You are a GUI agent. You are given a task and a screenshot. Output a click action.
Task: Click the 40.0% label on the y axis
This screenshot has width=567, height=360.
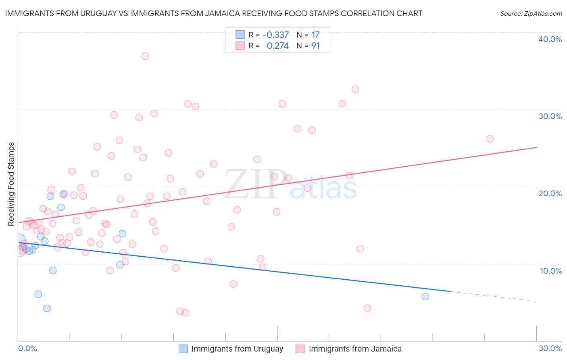coord(550,39)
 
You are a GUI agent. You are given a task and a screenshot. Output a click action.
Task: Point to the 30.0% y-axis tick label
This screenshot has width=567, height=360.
coord(550,116)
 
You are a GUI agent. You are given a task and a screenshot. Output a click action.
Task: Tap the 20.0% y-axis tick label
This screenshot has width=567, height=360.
coord(550,193)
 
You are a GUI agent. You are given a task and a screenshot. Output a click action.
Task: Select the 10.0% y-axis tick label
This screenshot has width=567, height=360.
coord(551,271)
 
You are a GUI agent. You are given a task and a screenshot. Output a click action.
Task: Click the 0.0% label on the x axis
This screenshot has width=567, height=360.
coord(27,348)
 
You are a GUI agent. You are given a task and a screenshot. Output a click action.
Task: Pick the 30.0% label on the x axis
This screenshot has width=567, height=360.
coord(550,348)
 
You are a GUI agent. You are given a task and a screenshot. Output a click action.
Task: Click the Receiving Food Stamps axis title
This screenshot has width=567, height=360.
coord(11,184)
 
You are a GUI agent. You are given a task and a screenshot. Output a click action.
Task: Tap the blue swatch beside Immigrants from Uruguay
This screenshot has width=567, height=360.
coord(183,349)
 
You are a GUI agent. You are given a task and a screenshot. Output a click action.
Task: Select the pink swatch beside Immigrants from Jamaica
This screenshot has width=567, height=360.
coord(300,349)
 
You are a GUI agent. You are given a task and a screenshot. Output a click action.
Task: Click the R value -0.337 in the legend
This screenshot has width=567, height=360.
coord(275,35)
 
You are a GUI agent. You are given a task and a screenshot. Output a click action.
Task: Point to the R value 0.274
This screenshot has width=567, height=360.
coord(277,46)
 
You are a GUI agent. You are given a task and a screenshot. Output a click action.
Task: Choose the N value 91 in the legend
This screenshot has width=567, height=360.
coord(315,46)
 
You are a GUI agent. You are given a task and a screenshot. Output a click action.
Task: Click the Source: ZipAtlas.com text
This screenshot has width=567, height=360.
coord(531,14)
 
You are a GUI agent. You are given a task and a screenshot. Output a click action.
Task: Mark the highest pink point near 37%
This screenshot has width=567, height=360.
coord(145,56)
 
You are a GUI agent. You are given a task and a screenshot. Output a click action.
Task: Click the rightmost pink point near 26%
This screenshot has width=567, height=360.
coord(490,139)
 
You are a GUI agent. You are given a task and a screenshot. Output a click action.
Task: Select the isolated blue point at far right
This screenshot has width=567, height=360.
coord(425,297)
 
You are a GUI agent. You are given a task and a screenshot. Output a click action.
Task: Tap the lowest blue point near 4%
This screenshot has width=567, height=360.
coord(47,308)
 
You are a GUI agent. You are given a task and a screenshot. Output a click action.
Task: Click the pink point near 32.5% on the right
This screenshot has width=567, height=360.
coord(355,89)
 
